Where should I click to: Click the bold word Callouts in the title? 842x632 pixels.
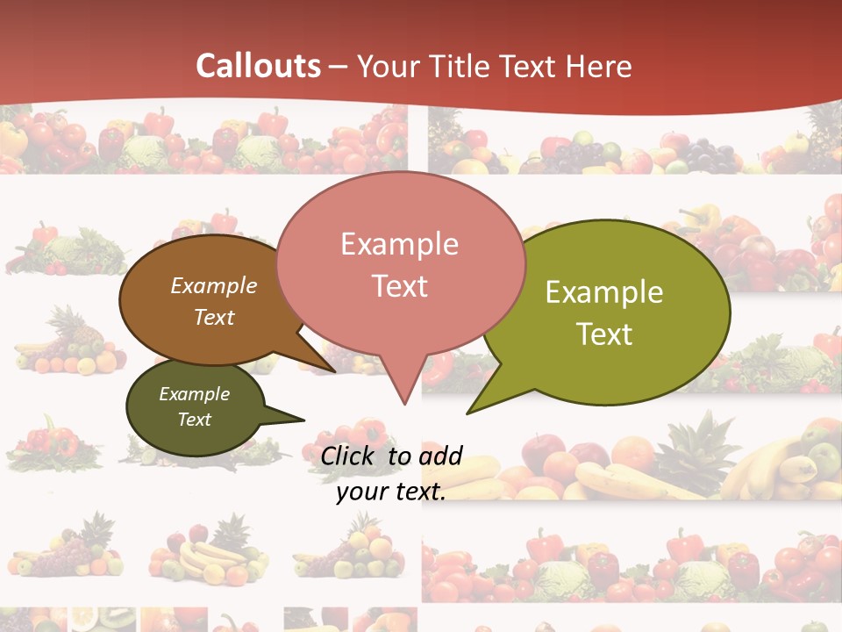click(258, 66)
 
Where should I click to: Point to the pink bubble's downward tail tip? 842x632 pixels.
click(403, 403)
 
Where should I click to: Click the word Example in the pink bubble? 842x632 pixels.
click(400, 243)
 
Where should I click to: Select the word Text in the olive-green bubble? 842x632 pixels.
click(604, 334)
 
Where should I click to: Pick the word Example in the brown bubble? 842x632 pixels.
click(214, 285)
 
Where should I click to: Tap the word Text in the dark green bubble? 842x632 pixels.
click(195, 420)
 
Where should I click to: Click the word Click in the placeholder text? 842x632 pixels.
click(350, 456)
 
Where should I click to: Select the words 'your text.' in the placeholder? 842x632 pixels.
click(391, 492)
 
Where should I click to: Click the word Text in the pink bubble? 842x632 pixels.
click(400, 286)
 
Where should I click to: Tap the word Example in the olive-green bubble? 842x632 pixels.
click(604, 292)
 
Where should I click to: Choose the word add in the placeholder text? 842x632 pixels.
click(440, 456)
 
